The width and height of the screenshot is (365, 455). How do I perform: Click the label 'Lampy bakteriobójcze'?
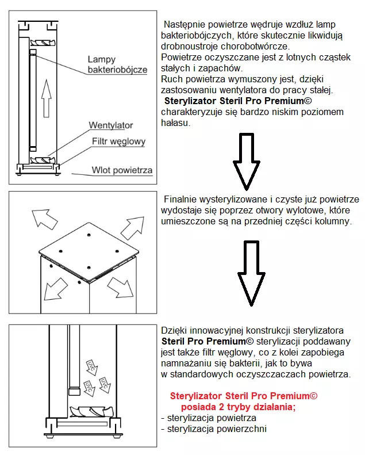coord(117,64)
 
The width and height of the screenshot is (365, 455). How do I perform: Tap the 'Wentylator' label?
coord(110,125)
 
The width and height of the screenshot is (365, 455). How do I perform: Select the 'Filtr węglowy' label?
coord(118,142)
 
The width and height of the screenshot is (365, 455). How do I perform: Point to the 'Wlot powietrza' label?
coord(122,170)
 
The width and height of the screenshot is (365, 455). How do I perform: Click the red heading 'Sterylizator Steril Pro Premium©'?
coord(244,396)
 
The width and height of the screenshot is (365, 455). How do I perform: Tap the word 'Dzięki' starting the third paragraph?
coord(174,331)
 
